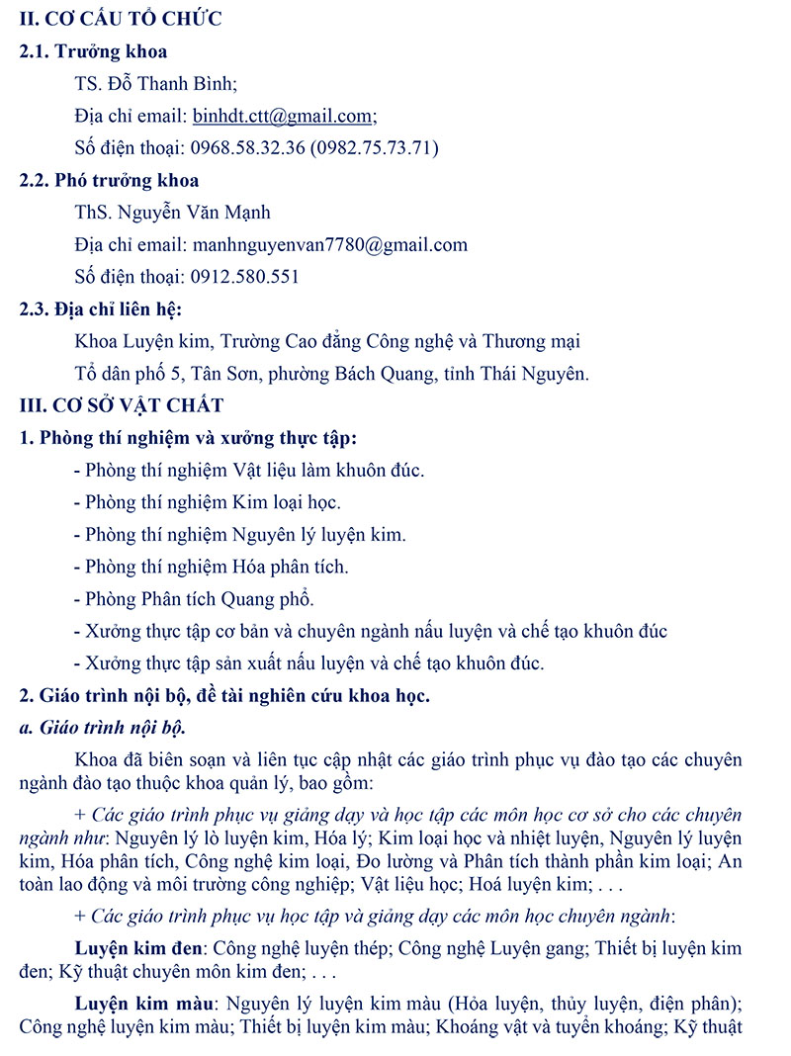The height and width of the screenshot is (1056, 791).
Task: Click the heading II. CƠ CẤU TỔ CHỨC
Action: [121, 18]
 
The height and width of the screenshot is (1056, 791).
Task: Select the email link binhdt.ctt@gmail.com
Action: [282, 116]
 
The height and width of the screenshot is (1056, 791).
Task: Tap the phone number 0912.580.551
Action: [241, 277]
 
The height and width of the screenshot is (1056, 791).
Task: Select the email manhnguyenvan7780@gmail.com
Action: [330, 244]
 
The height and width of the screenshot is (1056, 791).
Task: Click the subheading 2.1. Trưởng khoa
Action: [93, 51]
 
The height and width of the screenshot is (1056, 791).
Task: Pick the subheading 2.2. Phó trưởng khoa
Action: [109, 180]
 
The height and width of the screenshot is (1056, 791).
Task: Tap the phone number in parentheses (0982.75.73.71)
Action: [374, 148]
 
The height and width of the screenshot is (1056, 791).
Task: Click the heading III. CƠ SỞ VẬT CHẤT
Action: [122, 405]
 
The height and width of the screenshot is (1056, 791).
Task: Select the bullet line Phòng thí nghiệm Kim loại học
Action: [213, 502]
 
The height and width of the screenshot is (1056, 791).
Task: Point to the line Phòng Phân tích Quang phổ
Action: [200, 599]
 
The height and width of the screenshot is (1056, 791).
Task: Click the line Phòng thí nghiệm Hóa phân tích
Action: [217, 567]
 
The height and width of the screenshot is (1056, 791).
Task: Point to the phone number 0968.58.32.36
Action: [246, 148]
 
